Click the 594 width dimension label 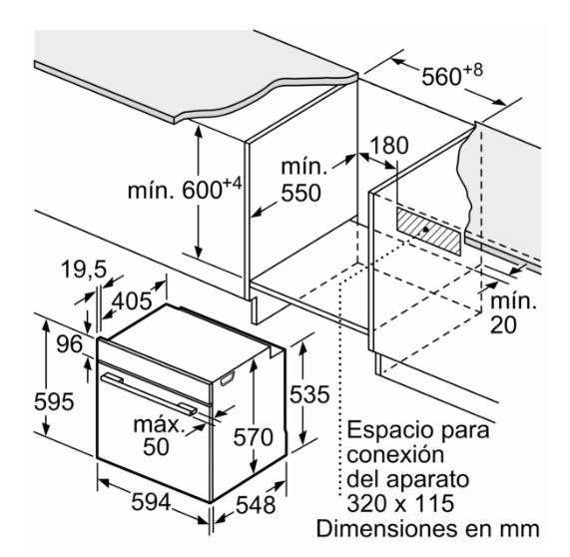151,503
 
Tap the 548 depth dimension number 256,505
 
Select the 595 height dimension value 54,401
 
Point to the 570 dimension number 253,436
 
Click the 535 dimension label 309,394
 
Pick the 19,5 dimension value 84,270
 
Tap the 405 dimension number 131,301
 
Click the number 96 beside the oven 70,344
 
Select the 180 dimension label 389,145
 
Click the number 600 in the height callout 202,190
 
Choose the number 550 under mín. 301,193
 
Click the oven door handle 149,393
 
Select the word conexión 395,454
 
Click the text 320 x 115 400,503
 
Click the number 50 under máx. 156,447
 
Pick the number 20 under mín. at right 503,324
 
